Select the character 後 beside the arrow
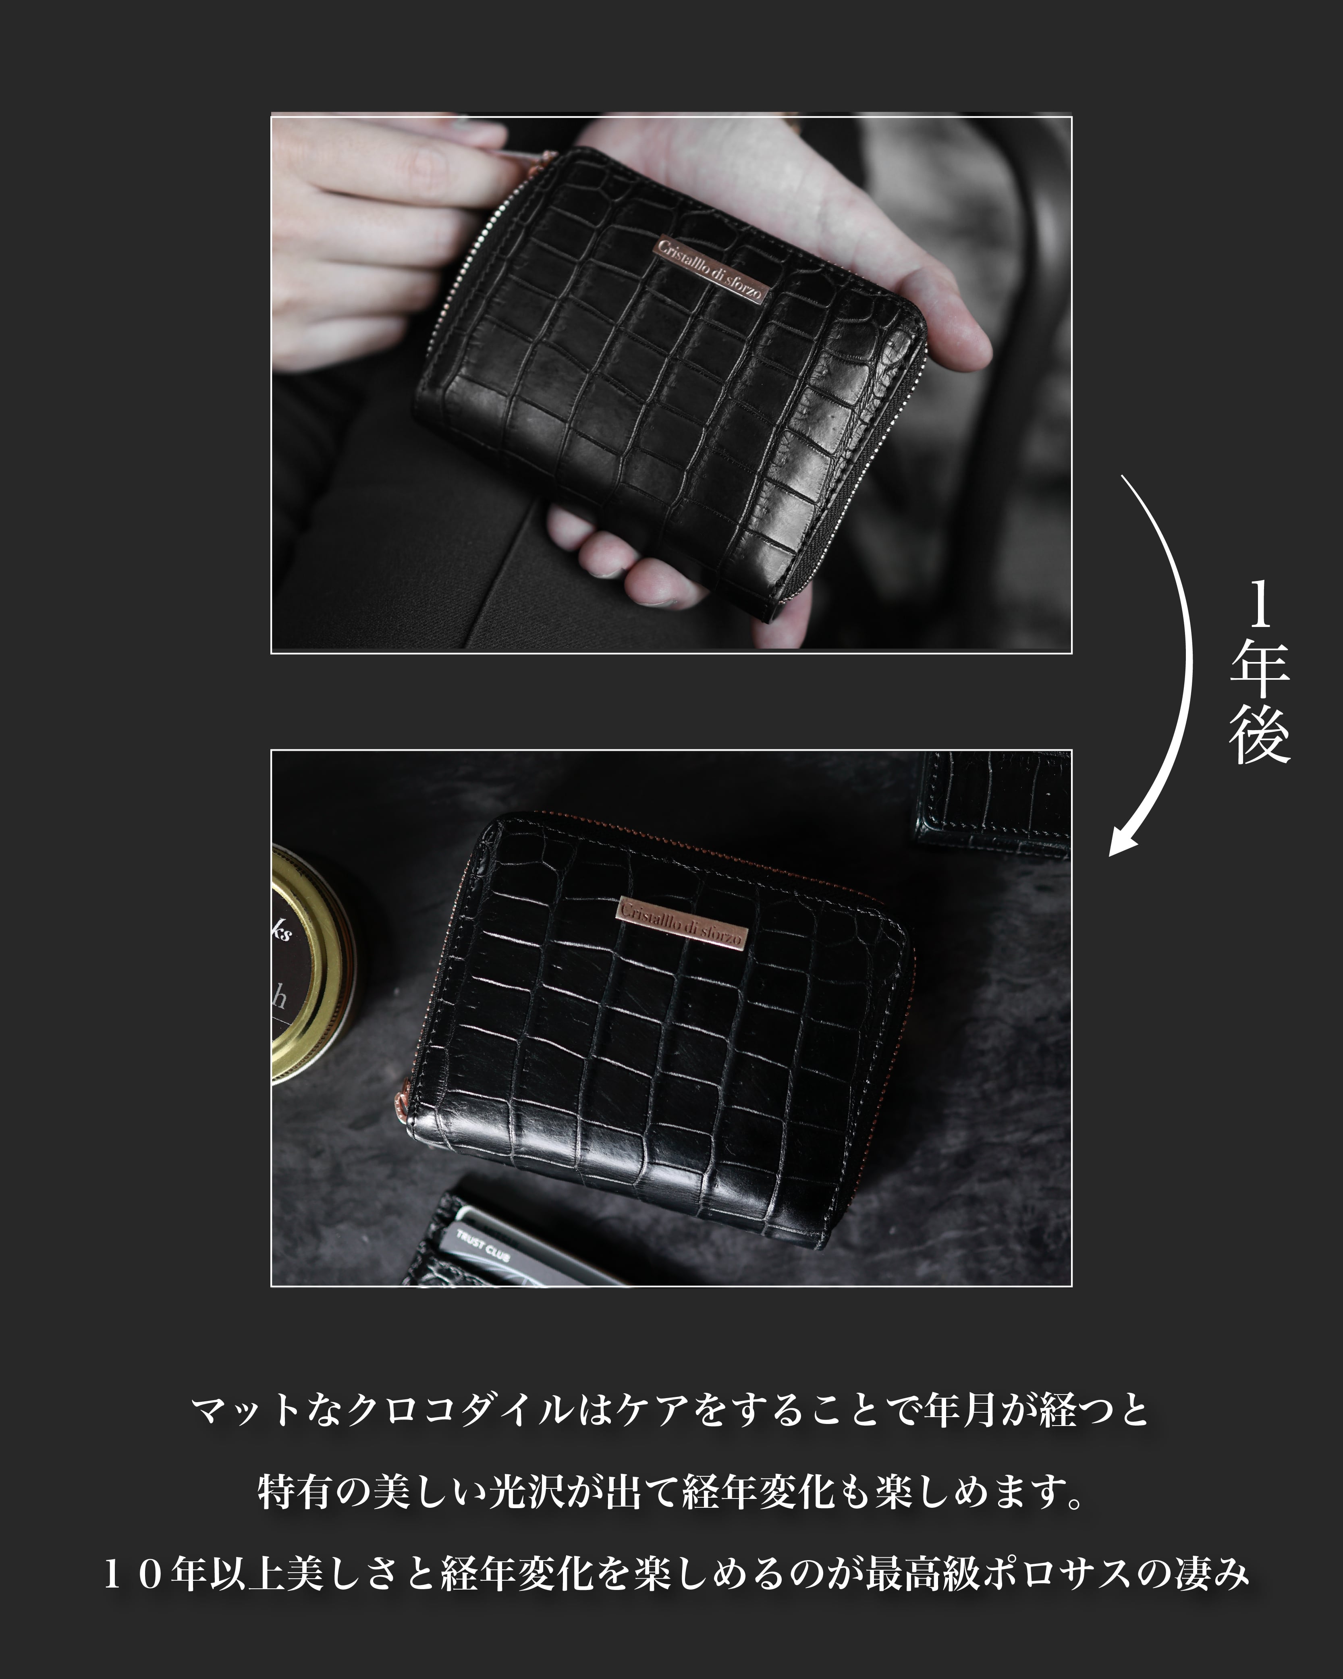pos(1260,736)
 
